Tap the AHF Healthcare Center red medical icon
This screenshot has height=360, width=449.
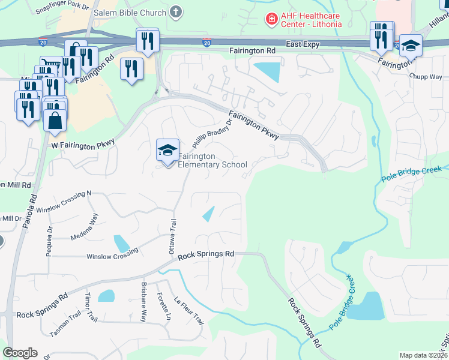272,19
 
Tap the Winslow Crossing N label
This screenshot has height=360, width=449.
63,202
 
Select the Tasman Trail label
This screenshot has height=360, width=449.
65,325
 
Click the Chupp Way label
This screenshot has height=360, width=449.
425,77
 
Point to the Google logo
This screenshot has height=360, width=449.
20,353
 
